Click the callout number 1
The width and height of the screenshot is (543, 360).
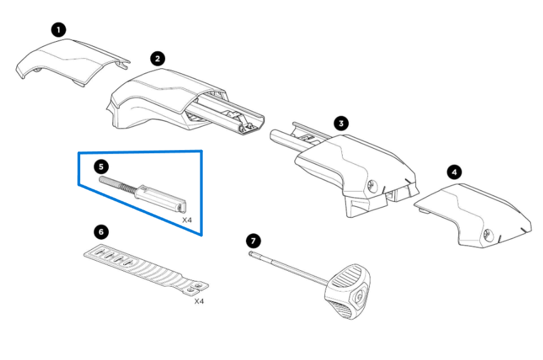59,30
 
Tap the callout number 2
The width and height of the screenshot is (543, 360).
157,59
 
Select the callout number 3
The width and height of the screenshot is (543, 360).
341,123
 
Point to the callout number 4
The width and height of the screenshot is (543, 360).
454,171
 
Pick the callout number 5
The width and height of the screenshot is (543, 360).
102,166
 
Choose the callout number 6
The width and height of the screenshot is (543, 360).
102,232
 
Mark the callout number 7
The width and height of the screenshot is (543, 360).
253,241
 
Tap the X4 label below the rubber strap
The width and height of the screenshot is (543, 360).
198,301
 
